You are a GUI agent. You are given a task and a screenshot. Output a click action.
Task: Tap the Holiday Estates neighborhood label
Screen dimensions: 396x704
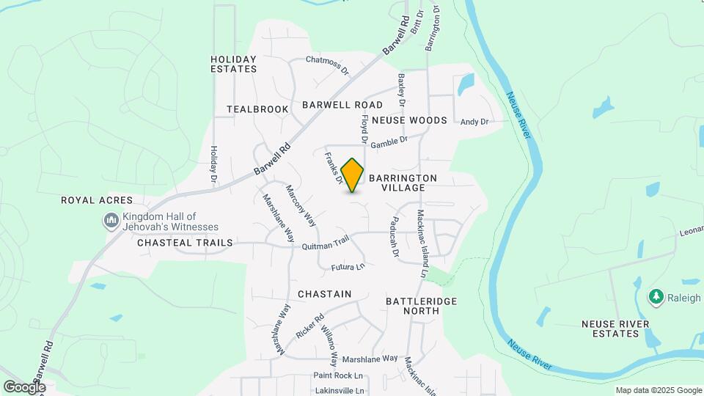233,64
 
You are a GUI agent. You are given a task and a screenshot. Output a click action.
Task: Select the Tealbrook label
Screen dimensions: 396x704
257,109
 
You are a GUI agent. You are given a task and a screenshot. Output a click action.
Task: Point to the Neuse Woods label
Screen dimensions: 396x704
409,120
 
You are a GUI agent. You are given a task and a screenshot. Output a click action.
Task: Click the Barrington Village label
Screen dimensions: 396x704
403,183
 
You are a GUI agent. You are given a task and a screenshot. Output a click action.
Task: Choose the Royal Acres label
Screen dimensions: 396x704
97,199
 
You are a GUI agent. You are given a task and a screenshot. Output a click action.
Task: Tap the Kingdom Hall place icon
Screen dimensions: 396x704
111,220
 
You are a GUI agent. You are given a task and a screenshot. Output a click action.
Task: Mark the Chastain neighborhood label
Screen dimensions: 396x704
324,293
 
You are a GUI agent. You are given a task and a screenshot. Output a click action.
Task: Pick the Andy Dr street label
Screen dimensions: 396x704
474,122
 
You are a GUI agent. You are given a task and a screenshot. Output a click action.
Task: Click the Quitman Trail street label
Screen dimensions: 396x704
326,244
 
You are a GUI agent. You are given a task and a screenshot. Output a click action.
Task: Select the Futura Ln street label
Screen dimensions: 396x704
348,267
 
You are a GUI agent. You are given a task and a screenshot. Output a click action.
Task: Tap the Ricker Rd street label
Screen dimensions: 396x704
309,326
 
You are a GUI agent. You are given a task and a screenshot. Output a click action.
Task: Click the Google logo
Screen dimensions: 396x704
24,386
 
